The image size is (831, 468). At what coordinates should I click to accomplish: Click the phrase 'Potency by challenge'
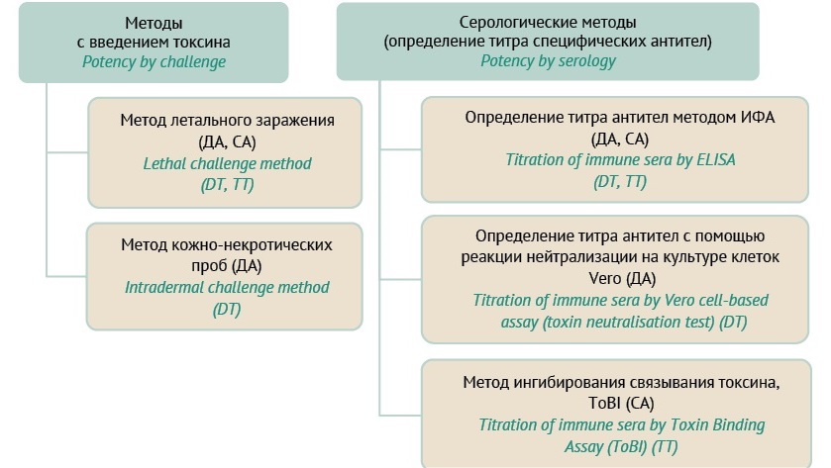[154, 62]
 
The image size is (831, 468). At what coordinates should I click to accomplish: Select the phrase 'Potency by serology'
[548, 61]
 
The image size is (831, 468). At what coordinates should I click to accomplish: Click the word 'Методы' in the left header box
[154, 24]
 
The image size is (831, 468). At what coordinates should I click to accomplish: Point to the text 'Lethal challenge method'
[227, 163]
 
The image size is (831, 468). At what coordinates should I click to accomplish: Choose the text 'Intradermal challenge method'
[227, 288]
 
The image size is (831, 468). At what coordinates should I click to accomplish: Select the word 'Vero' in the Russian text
[605, 278]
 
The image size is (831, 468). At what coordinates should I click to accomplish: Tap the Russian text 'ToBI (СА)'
[621, 404]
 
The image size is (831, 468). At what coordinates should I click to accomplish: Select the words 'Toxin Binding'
[717, 425]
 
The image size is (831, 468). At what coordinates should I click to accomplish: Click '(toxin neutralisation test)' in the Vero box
[628, 322]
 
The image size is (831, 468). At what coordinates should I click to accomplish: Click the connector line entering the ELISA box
[401, 149]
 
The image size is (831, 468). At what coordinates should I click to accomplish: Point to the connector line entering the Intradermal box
[66, 276]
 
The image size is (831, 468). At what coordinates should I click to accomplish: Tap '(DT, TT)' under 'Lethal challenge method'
[227, 185]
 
